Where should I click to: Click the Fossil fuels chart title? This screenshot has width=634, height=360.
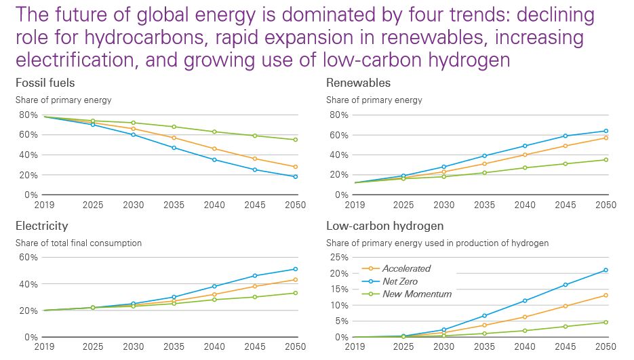pyautogui.click(x=45, y=83)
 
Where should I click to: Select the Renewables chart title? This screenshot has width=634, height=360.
pyautogui.click(x=358, y=83)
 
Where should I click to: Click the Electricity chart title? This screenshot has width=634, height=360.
pyautogui.click(x=42, y=226)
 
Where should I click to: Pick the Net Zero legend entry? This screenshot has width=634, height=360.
pyautogui.click(x=400, y=281)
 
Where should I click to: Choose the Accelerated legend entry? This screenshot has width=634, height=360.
pyautogui.click(x=406, y=268)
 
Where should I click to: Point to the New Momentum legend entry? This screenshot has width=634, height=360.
pyautogui.click(x=416, y=294)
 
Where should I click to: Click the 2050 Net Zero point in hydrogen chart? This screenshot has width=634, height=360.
pyautogui.click(x=605, y=270)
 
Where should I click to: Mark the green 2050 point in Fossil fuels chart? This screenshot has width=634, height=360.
pyautogui.click(x=296, y=140)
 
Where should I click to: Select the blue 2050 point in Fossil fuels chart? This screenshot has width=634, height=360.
pyautogui.click(x=296, y=177)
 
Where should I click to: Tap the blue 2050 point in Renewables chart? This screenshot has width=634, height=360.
pyautogui.click(x=606, y=131)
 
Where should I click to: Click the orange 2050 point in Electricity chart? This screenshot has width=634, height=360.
pyautogui.click(x=296, y=280)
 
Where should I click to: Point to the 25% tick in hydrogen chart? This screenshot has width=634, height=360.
pyautogui.click(x=339, y=258)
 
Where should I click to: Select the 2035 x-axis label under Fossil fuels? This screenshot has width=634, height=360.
pyautogui.click(x=174, y=205)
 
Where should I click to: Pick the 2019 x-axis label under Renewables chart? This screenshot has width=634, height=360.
pyautogui.click(x=355, y=205)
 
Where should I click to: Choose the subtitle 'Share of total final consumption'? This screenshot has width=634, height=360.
pyautogui.click(x=79, y=243)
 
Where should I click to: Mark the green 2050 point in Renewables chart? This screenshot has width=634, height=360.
pyautogui.click(x=606, y=160)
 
